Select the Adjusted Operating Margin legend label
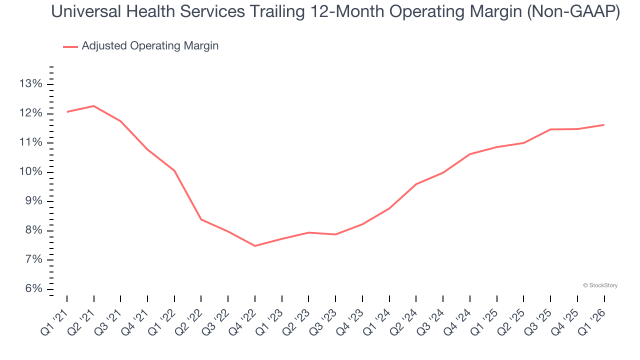click(x=150, y=46)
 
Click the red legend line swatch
click(x=70, y=46)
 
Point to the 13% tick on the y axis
click(x=31, y=84)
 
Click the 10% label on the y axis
click(x=31, y=172)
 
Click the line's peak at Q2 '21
click(x=94, y=106)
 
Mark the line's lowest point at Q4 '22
click(x=255, y=246)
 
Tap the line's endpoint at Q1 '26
click(x=604, y=125)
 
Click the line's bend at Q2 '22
click(x=201, y=219)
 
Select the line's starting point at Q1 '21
click(x=67, y=111)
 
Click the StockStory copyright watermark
click(x=600, y=285)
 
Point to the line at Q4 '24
click(x=470, y=154)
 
